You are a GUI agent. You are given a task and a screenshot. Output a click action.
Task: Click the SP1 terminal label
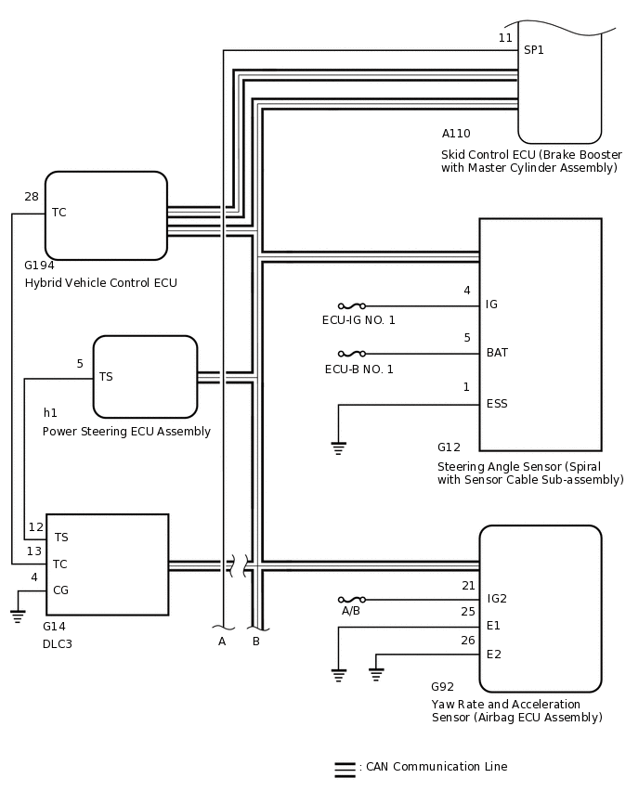(533, 50)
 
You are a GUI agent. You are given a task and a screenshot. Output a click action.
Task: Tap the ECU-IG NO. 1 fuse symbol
(352, 305)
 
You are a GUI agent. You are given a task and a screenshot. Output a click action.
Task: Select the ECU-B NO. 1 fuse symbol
(352, 354)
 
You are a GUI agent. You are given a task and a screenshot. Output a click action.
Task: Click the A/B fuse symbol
(352, 600)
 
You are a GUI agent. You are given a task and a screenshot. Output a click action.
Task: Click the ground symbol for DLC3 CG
(18, 616)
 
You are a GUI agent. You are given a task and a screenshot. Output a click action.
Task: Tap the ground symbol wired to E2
(376, 674)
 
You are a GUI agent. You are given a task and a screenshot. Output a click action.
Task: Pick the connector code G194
(39, 266)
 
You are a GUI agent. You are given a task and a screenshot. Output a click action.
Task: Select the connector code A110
(456, 134)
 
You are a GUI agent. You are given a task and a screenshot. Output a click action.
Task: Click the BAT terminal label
(497, 353)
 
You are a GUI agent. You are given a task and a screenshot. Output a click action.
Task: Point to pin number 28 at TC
(32, 197)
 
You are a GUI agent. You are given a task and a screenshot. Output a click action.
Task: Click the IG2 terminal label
(497, 599)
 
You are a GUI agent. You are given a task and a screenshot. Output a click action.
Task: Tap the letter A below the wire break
(222, 642)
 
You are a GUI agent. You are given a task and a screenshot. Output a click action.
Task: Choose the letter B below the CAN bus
(256, 642)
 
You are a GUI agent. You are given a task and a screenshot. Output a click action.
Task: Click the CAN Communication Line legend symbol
(346, 770)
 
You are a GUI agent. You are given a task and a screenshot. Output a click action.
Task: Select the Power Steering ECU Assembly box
(146, 377)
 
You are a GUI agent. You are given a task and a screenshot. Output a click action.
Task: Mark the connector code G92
(442, 687)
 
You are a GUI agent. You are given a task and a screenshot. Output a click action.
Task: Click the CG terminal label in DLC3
(60, 590)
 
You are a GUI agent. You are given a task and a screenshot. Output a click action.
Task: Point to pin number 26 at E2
(468, 641)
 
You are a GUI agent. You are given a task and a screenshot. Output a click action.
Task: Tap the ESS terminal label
(497, 404)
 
